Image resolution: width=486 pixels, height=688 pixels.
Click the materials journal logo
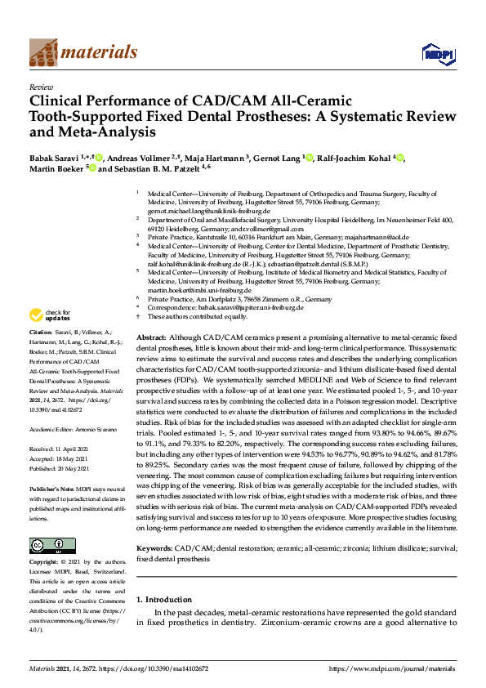82,52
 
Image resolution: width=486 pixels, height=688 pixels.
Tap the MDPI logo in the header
438,54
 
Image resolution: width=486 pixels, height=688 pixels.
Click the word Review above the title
41,86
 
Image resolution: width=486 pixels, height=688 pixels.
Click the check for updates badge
50,315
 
